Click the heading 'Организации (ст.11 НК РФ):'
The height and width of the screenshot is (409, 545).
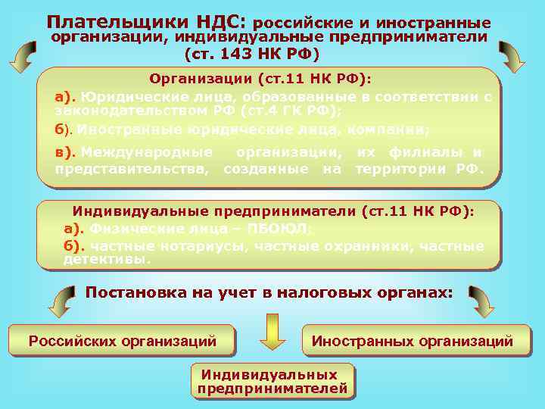point(260,79)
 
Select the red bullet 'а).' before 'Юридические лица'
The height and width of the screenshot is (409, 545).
point(66,97)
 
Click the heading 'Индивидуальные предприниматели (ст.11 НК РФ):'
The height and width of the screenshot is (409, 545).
point(273,212)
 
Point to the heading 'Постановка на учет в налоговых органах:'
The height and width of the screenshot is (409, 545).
point(269,292)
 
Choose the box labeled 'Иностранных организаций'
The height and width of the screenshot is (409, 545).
point(412,342)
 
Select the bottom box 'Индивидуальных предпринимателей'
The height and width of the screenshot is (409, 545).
point(272,382)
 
